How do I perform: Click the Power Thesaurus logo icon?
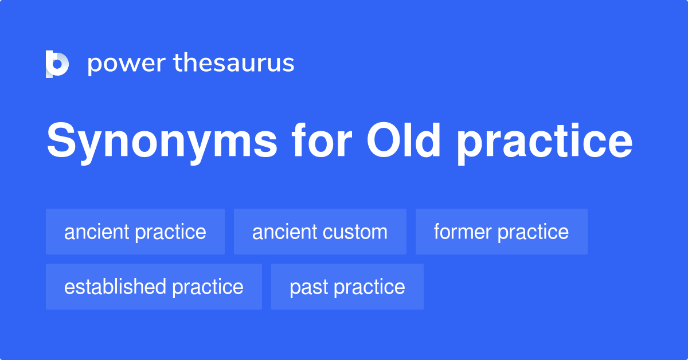(57, 64)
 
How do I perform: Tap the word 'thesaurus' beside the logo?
(234, 63)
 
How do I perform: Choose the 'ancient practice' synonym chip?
(135, 232)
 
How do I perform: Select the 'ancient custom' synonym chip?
(320, 232)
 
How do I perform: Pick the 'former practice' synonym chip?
(502, 232)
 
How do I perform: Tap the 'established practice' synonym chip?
(154, 287)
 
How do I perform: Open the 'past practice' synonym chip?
(347, 287)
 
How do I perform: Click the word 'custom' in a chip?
(362, 232)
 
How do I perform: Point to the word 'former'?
(463, 232)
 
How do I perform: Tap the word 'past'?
(308, 287)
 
